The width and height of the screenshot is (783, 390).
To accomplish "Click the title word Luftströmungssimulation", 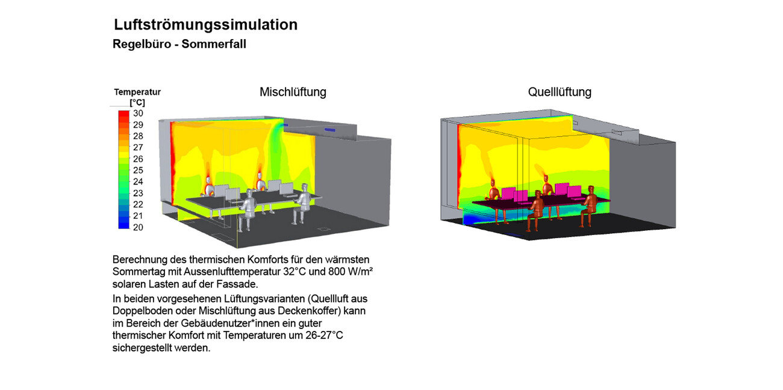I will tap(205, 25).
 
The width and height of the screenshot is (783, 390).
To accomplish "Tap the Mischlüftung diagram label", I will tap(293, 92).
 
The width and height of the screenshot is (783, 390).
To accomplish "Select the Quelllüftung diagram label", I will tap(560, 92).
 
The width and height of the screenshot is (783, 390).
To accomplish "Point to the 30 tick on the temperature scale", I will tap(138, 113).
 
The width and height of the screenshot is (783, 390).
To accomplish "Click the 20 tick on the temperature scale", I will tap(138, 227).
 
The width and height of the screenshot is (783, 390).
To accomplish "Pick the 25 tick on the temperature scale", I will tap(138, 171).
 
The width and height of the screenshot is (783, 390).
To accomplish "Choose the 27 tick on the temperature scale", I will tap(138, 148).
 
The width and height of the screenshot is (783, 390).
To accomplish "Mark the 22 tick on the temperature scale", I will tap(138, 205).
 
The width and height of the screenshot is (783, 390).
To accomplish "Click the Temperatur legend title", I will tap(137, 92).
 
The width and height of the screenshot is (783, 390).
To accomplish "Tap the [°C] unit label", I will tap(137, 102).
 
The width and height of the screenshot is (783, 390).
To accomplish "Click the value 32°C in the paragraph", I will tap(296, 271).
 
